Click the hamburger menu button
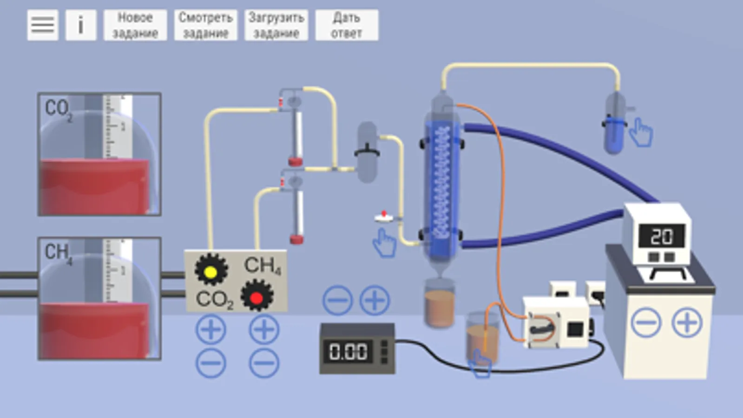point(42,25)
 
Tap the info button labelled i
point(80,25)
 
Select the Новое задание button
point(135,25)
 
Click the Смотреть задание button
point(205,25)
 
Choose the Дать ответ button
point(347,25)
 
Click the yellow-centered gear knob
point(211,270)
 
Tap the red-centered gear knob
point(256,296)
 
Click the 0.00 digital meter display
point(348,352)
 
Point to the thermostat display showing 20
point(661,236)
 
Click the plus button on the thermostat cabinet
point(687,322)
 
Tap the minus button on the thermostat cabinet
point(646,322)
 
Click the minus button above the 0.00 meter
point(337,300)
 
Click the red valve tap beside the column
point(384,216)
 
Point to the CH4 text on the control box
point(262,266)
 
